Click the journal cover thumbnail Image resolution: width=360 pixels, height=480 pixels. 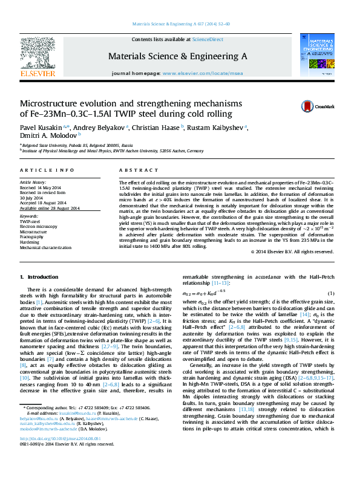(318, 55)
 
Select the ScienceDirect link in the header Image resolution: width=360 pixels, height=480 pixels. (208, 39)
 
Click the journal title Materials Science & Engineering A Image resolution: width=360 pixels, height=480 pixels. (177, 56)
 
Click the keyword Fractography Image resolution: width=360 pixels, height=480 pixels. (34, 236)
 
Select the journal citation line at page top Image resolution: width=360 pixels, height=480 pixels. (180, 25)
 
